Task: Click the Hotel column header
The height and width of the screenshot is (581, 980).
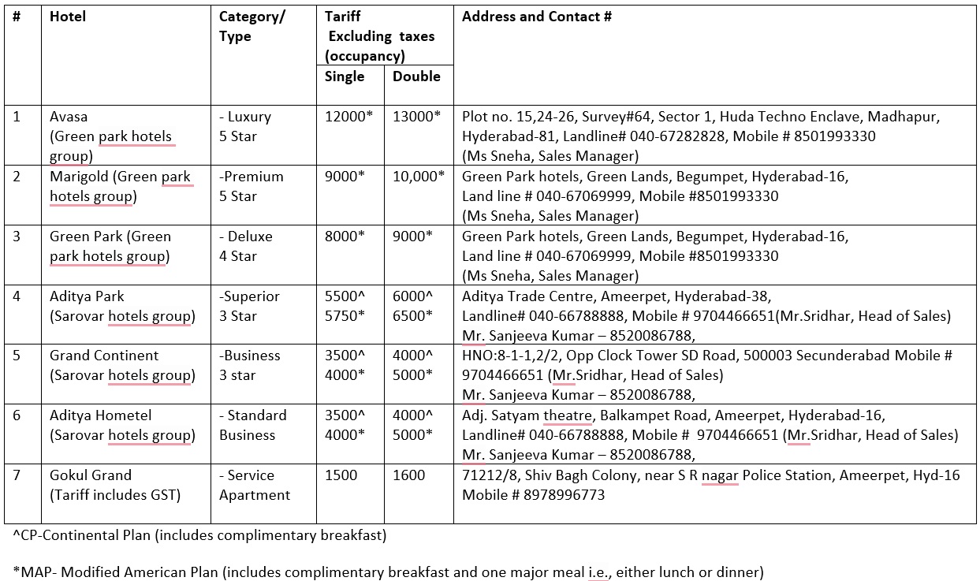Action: coord(68,17)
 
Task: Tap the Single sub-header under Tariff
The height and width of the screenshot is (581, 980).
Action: coord(345,76)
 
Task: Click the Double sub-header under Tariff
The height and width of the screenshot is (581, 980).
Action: coord(416,76)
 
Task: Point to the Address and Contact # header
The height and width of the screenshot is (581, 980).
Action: coord(536,17)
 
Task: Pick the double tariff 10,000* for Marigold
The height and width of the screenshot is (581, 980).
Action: coord(419,177)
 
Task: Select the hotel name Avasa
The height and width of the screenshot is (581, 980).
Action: coord(69,117)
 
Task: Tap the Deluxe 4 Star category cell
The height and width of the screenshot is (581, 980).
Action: coord(246,246)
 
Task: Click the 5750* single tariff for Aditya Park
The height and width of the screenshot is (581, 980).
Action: coord(345,316)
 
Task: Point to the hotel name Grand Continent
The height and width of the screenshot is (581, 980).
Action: coord(104,356)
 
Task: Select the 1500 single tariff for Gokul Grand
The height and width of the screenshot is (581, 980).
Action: coord(341,475)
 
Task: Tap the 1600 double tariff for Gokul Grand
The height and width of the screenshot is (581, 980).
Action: coord(409,475)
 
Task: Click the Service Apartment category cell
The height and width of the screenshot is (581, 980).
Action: coord(254,485)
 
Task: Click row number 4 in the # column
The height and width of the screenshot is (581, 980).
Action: coord(17,296)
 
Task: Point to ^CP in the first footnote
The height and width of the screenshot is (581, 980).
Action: coord(24,536)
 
